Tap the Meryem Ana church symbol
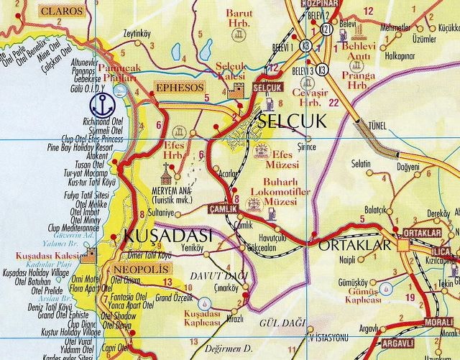click(x=168, y=172)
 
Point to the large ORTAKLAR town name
click(x=353, y=246)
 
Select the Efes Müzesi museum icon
click(x=262, y=153)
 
